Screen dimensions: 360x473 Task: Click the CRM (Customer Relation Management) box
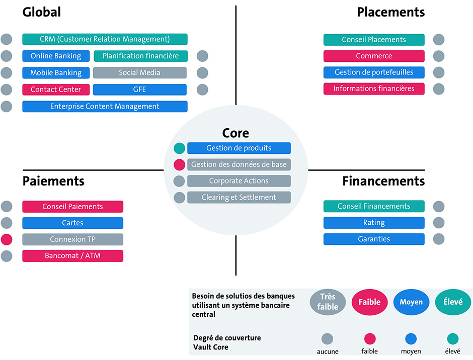105,39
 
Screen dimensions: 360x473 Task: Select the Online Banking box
56,56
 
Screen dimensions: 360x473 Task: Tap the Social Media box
139,72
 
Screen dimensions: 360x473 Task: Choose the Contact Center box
55,89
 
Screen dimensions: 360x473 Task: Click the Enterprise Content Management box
105,106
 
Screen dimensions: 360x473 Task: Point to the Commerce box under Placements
374,56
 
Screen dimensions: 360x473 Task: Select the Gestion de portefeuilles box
374,72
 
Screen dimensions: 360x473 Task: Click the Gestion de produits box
239,148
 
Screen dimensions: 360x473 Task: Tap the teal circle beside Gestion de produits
179,148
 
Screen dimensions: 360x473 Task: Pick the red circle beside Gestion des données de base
179,164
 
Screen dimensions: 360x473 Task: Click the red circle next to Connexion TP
7,239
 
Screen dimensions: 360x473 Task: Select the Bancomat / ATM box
72,255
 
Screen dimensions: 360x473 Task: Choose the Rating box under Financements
374,222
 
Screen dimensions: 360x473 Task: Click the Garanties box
374,239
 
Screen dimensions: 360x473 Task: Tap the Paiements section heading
53,181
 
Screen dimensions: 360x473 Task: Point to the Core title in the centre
235,133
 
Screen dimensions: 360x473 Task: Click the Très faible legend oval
328,302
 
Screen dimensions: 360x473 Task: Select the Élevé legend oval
453,302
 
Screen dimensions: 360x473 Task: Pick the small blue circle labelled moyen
411,339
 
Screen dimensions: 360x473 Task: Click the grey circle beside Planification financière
202,56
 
